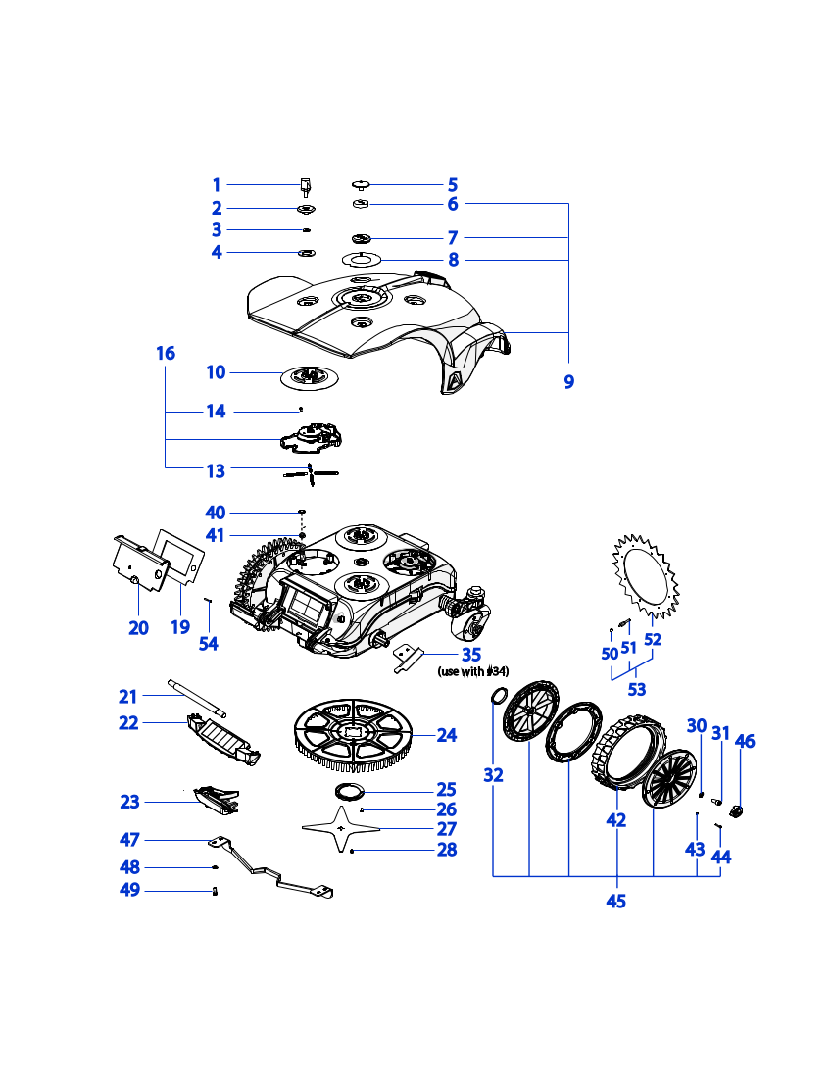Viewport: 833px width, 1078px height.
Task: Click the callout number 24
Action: [x=447, y=734]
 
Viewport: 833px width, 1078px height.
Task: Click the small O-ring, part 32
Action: [x=497, y=697]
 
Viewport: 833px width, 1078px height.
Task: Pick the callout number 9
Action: [x=568, y=382]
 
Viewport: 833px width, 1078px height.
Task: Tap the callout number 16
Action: [x=166, y=353]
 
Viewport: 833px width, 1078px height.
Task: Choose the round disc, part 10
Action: [x=310, y=376]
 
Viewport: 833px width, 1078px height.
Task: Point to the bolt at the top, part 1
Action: [x=305, y=184]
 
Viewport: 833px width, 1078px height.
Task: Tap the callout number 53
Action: [x=637, y=690]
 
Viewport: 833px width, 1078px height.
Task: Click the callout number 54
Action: [x=209, y=643]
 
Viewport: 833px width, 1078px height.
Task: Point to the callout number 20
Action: [x=139, y=627]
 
